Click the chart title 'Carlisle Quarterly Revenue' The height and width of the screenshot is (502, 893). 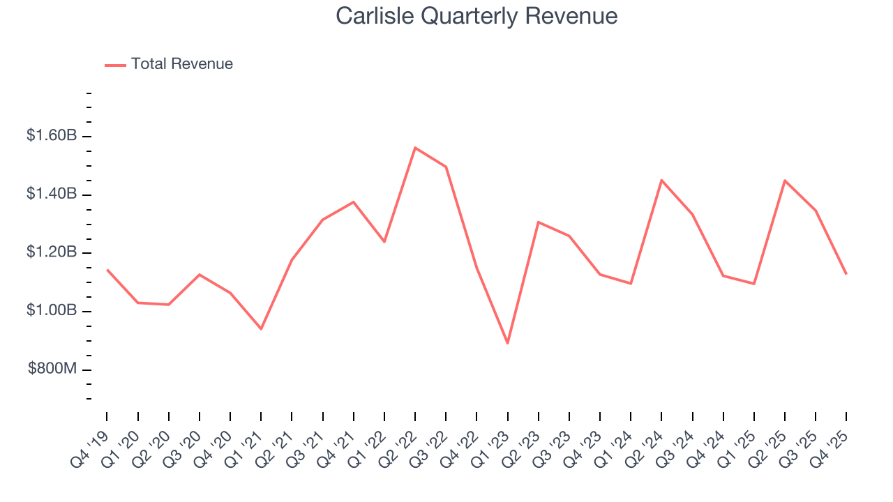(x=476, y=16)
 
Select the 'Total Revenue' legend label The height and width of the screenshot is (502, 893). (x=181, y=64)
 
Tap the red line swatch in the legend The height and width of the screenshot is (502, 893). (x=115, y=65)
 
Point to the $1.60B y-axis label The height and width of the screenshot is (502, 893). (x=51, y=135)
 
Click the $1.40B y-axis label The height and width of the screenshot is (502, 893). (x=51, y=194)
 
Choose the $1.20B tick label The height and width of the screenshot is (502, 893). (x=51, y=252)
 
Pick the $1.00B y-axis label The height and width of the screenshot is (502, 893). (x=51, y=310)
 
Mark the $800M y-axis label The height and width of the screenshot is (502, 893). (x=52, y=368)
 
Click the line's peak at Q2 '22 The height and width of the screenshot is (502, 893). (x=415, y=148)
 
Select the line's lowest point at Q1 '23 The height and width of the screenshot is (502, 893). (x=507, y=343)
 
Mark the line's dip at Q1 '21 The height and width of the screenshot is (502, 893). (x=261, y=328)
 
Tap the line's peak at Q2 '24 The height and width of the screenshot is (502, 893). (x=661, y=180)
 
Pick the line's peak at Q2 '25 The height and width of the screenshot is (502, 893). (x=785, y=181)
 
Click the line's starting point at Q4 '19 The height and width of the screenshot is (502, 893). (x=107, y=270)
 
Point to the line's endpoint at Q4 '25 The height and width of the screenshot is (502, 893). (x=846, y=274)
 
